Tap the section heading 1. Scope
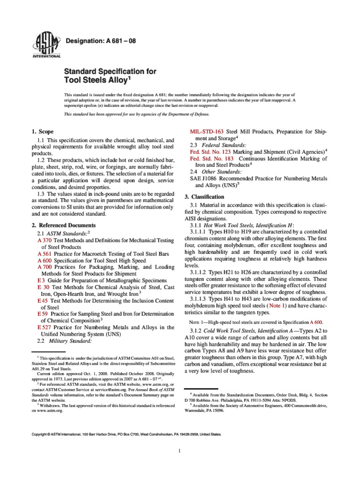coord(42,132)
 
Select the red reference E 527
coord(45,327)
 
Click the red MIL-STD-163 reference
coord(206,132)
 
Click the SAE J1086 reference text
coord(206,179)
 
